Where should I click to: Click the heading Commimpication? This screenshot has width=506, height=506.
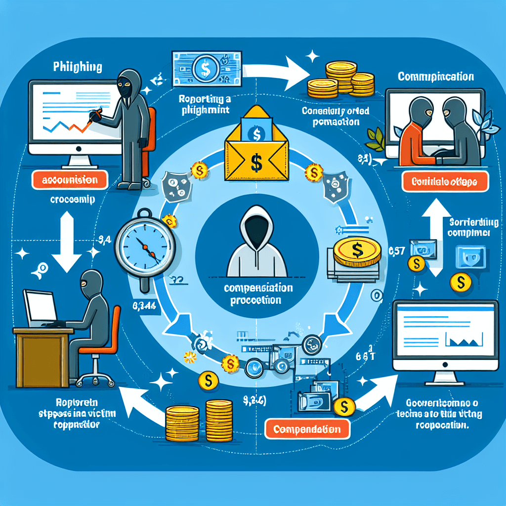pyautogui.click(x=435, y=77)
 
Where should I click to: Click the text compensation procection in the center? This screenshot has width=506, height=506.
pyautogui.click(x=258, y=294)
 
